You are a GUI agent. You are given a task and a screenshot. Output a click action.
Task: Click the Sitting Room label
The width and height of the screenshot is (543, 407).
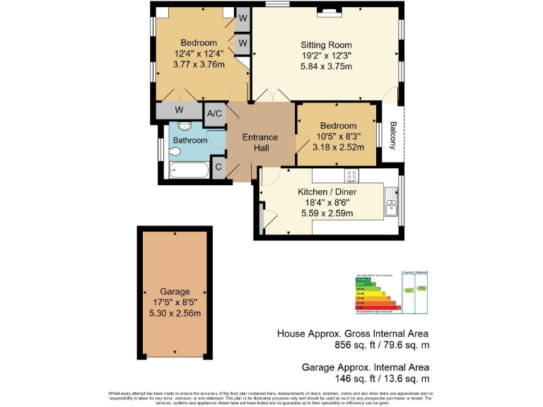coord(326,45)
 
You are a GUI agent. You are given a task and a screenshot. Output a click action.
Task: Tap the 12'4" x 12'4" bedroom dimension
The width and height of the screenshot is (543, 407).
coord(198,53)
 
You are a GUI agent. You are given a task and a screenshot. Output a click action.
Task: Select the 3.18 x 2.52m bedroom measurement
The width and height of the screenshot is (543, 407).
coord(338,148)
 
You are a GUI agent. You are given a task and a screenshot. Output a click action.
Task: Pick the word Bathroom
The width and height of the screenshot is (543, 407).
coord(190,141)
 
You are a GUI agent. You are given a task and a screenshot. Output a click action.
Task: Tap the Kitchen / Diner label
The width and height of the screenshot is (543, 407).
coord(327,191)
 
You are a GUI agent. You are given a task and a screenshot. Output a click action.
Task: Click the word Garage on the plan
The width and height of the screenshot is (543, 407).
coord(175,291)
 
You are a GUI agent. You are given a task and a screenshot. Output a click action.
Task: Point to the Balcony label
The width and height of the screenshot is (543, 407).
coord(393,136)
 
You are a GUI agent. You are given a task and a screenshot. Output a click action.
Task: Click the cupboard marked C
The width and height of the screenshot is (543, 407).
coord(218,167)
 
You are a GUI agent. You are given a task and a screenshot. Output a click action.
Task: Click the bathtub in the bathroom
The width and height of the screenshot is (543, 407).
coord(189,170)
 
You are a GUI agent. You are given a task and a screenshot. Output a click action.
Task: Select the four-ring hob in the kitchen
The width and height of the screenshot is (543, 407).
coord(351,175)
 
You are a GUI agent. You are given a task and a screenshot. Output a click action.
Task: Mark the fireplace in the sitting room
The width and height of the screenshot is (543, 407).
coord(329,11)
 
